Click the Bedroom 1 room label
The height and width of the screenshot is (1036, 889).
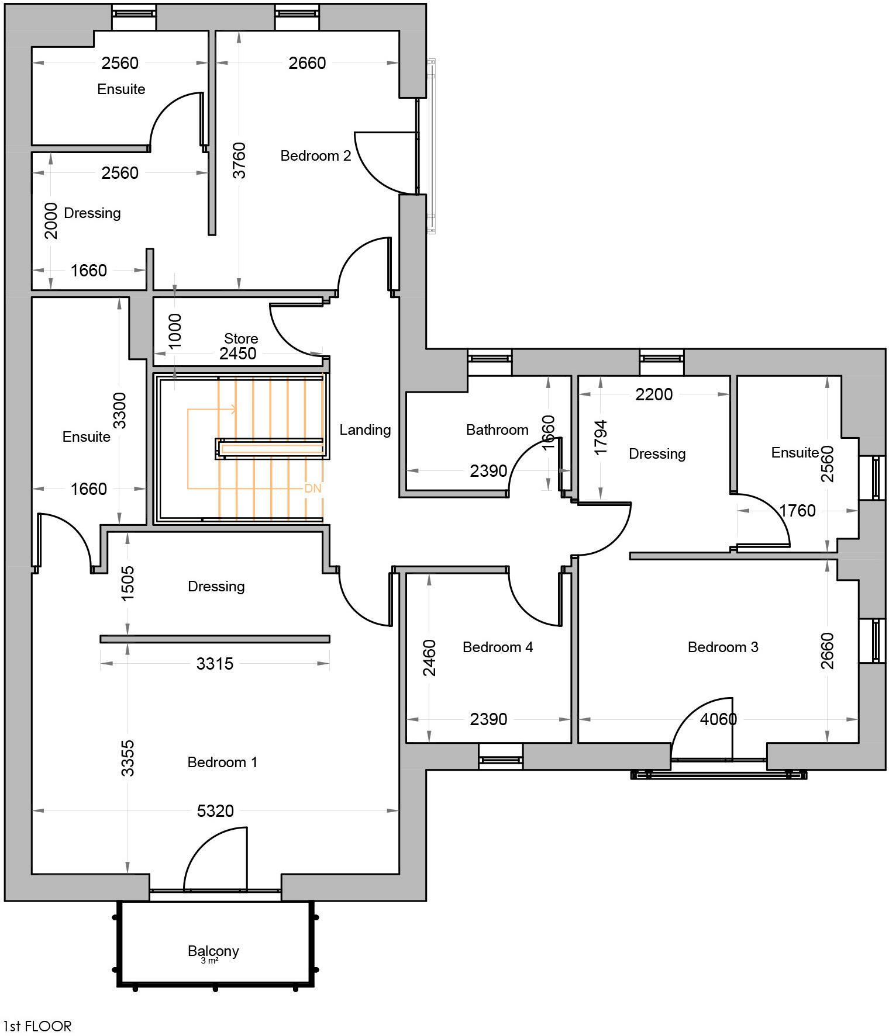point(222,762)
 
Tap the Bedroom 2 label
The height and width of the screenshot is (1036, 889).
point(315,156)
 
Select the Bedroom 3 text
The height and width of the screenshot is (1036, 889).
point(723,647)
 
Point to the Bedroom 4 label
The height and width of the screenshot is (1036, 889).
point(497,647)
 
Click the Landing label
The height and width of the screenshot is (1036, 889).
point(365,430)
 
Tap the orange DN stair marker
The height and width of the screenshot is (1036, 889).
point(313,488)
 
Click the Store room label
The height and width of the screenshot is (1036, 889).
point(241,338)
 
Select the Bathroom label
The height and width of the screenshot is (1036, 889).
point(497,430)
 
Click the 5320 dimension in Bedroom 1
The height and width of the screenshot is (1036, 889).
point(215,811)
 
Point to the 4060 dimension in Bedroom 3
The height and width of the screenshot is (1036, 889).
point(718,719)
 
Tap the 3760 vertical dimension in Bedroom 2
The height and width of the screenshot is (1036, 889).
point(239,161)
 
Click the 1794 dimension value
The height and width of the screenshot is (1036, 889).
point(601,438)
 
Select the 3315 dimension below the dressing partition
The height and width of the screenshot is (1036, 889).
point(215,664)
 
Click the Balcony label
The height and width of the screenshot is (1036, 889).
point(213,951)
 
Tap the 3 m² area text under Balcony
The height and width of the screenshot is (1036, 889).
point(209,961)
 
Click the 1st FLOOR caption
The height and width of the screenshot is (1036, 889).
point(37,1026)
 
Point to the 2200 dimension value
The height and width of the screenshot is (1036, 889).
point(654,394)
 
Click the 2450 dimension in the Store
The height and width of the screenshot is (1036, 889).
point(237,354)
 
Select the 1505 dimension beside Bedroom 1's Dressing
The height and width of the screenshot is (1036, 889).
point(128,583)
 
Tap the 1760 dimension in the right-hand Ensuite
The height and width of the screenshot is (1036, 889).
point(797,511)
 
